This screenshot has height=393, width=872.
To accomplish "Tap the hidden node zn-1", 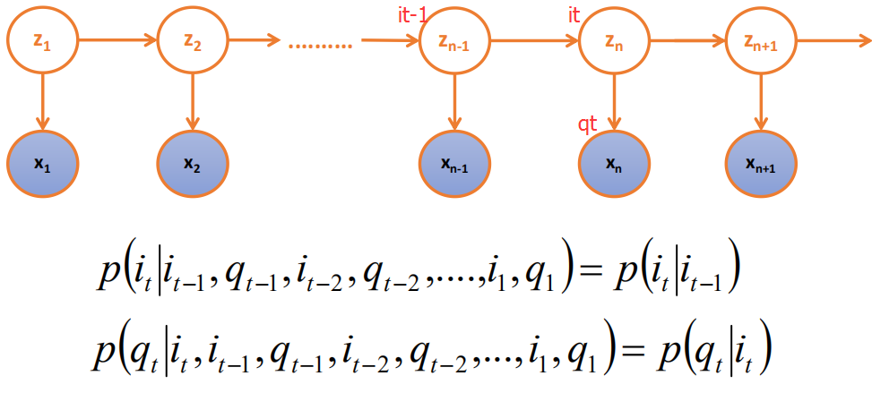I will coord(454,39).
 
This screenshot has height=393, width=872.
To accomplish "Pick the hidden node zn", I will coord(614,39).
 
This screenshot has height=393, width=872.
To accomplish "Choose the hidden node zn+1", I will coord(761,39).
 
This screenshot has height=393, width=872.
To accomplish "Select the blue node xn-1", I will coord(454,164).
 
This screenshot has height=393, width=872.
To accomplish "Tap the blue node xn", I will coord(614,164).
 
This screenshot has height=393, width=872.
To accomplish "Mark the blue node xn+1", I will coord(761,164).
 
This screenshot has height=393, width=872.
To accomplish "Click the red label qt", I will coord(588,123).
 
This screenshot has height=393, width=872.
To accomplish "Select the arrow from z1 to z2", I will coord(117,40).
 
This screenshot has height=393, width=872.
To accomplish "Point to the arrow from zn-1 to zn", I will coord(534,40).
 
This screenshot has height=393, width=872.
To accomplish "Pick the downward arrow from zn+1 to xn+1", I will coord(761,101).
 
